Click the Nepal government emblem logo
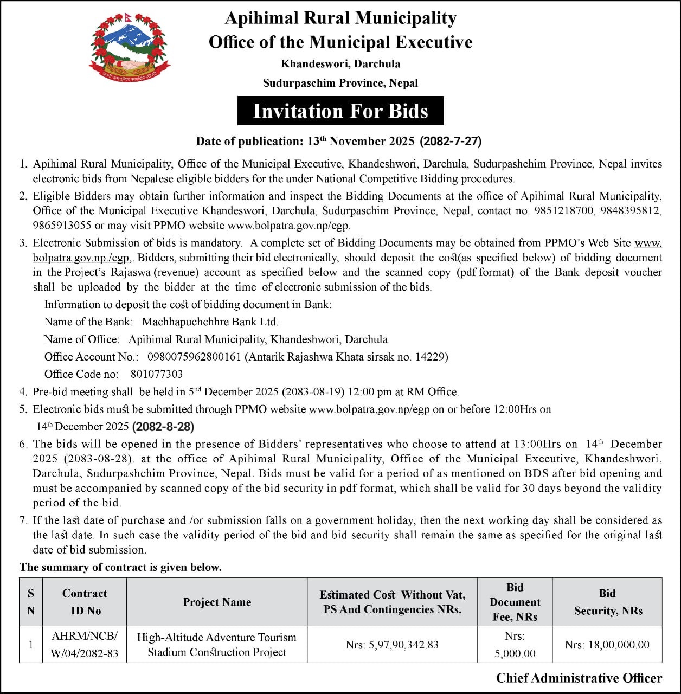129,49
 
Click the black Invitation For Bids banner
340,111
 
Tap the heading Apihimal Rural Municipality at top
340,18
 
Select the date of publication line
339,142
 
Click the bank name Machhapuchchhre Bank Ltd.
210,322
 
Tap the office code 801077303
157,374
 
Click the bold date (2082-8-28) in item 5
163,427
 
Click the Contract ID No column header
85,602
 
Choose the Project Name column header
217,602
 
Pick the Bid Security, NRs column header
608,602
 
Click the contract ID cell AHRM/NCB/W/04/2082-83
85,645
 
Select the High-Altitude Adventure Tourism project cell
217,645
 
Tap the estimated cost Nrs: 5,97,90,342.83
392,645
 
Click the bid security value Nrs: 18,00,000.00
607,645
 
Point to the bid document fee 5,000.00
515,653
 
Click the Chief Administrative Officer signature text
579,678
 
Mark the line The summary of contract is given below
120,567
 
